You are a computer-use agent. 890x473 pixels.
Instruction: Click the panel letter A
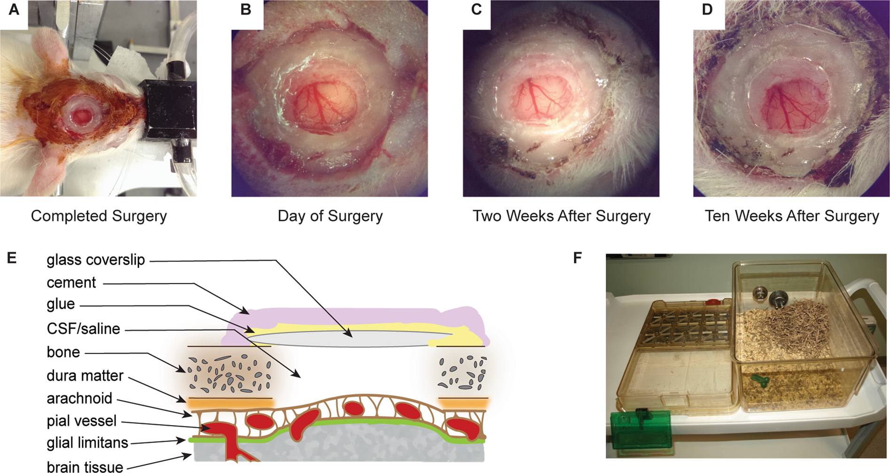14,9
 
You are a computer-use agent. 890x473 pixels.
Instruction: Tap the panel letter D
707,10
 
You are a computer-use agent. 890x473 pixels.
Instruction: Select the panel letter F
578,258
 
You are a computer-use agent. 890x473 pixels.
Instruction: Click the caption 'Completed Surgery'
99,216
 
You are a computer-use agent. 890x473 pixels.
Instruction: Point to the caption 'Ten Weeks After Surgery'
792,216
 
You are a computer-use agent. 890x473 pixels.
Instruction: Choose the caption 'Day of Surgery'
330,216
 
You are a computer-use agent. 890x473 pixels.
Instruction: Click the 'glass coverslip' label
96,260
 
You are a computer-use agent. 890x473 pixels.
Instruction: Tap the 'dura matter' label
85,376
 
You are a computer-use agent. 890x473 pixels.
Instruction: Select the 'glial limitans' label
87,442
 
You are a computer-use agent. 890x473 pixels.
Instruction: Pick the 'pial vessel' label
82,421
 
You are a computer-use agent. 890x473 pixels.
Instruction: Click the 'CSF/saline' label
84,328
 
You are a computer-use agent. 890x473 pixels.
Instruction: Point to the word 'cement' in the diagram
71,282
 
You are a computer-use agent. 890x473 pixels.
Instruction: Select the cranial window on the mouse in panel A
83,114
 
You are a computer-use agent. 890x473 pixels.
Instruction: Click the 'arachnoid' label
79,398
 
